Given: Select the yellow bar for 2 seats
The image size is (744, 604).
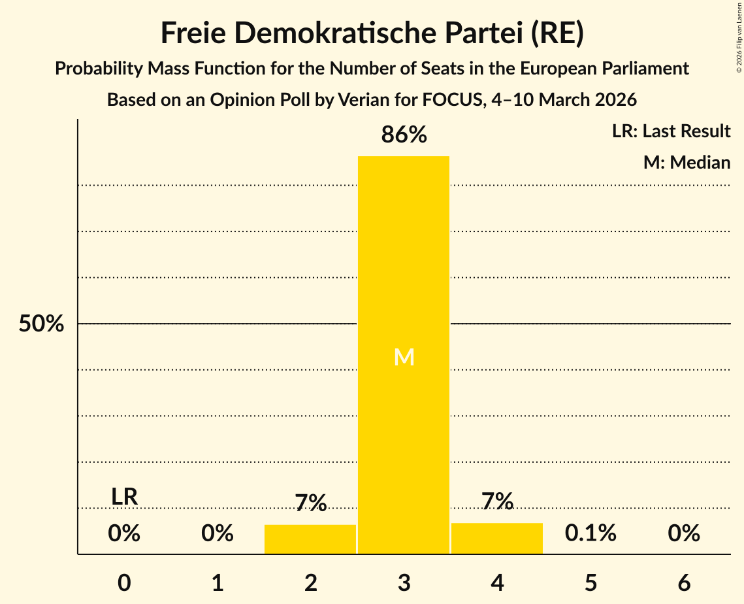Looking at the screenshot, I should pos(310,539).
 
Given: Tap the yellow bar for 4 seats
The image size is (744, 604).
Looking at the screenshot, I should pos(497,538).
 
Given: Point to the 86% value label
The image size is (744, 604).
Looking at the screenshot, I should pos(404,135).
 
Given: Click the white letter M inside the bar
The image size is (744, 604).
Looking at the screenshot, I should pos(404,357).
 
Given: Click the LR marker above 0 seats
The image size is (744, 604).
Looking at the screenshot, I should pos(124,497).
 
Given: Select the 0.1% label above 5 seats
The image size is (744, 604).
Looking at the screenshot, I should pos(590,533).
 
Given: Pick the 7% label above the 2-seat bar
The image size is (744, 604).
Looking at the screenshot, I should pos(310,503).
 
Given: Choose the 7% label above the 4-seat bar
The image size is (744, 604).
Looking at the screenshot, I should pos(497,501).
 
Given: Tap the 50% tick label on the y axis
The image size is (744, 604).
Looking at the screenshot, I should pos(41,324).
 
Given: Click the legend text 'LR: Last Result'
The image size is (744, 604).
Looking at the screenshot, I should pos(671,131).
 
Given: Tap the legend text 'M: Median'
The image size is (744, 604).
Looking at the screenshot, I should pos(687,162).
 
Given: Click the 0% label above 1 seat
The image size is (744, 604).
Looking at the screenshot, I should pos(218,533).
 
